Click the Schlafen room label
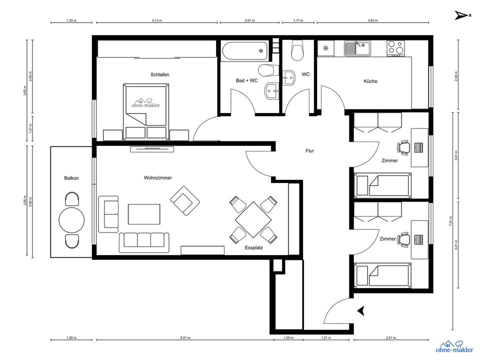coord(159,74)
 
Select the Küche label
coord(370,81)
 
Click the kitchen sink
coord(356,48)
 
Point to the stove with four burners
coord(395,48)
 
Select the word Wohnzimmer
coord(157,177)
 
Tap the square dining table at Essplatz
coord(253,218)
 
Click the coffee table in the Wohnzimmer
coord(144,214)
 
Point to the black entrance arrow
coord(360,311)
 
